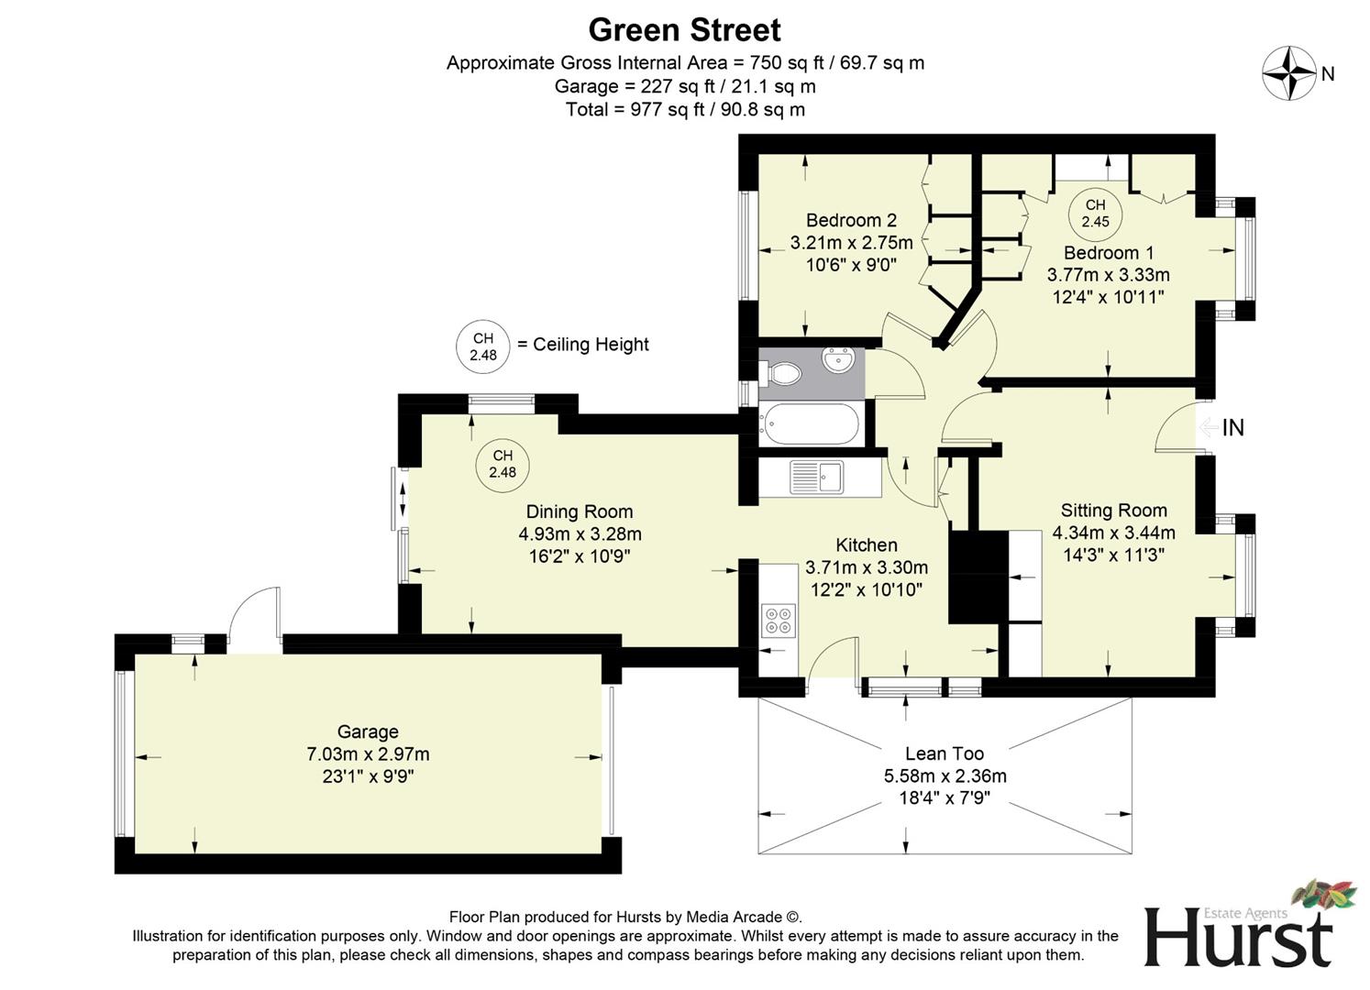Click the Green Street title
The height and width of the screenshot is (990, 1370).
pos(684,30)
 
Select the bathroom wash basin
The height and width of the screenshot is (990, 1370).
pos(836,361)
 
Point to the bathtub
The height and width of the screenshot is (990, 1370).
pos(809,424)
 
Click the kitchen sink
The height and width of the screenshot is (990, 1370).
pos(818,477)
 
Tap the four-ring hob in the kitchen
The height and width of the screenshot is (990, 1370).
pos(779,621)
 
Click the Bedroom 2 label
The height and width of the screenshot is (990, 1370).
pos(851,220)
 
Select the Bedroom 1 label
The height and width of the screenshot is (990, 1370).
pos(1108,253)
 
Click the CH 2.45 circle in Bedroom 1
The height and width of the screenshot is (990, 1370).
pos(1095,214)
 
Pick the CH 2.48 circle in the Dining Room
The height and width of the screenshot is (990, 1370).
pos(503,464)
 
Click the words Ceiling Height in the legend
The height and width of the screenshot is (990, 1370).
pos(591,345)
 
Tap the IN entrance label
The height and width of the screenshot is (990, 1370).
pos(1232,427)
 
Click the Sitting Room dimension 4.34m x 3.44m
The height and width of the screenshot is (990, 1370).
pos(1113,533)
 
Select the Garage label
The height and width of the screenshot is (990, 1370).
pos(368,731)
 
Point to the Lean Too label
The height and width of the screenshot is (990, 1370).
pos(944,753)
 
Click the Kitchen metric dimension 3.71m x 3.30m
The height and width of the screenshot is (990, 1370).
pos(866,567)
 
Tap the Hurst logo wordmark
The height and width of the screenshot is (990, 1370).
pos(1237,937)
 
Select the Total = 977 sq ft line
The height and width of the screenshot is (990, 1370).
pos(685,109)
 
